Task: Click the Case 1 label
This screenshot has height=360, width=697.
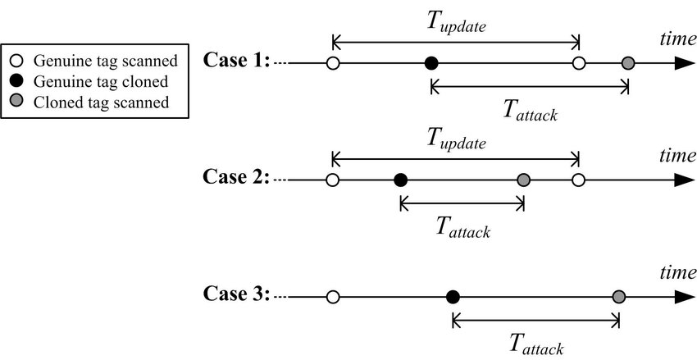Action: [237, 61]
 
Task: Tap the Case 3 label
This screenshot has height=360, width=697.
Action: [237, 295]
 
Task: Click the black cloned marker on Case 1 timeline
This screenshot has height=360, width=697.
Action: [431, 62]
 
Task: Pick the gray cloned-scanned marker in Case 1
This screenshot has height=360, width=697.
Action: [628, 62]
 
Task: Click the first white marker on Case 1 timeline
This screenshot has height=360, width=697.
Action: [332, 62]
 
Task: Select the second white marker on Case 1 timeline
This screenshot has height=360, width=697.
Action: [579, 62]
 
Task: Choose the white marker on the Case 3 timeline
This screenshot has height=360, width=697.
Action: [332, 296]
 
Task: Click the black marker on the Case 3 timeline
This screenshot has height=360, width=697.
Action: [452, 296]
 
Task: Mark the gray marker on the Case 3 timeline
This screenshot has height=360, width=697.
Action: [619, 296]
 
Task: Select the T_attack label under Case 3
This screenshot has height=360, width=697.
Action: [536, 344]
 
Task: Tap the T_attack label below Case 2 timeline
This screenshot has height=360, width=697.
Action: [462, 227]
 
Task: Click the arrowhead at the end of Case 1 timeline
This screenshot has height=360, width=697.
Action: [683, 62]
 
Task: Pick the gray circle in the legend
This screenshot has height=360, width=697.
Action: [18, 103]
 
